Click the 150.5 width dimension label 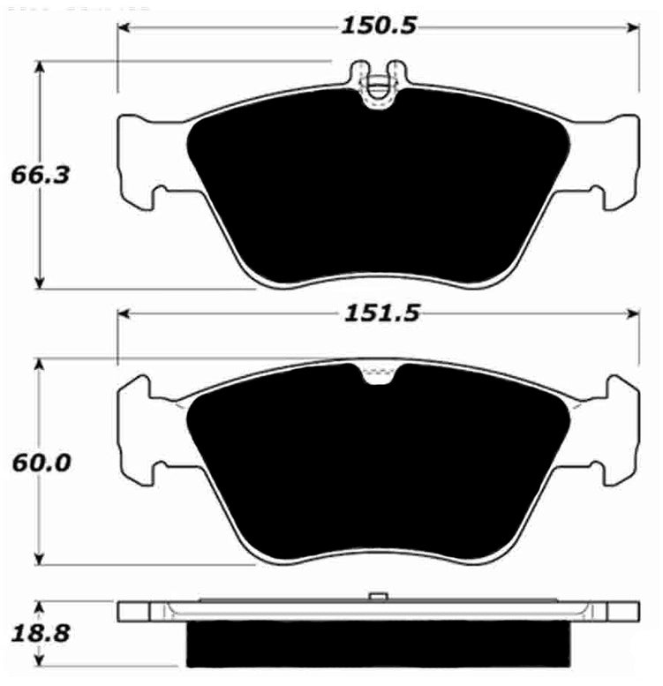pos(379,26)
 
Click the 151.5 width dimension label pos(381,313)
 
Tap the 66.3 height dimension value pos(41,176)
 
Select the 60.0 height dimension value pos(41,463)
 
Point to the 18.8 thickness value pos(41,633)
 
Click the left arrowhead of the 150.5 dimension pos(125,28)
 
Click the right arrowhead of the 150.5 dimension pos(632,28)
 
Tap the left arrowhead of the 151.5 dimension pos(125,314)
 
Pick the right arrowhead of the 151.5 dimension pos(632,314)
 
